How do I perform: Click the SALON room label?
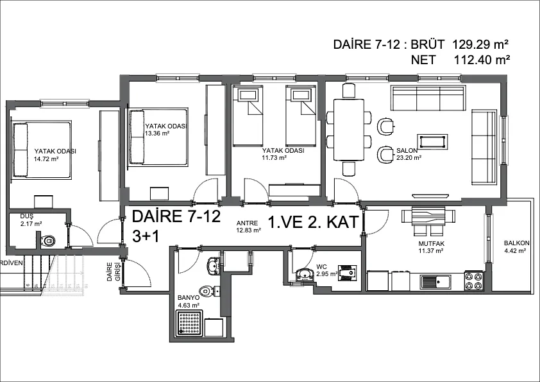407,151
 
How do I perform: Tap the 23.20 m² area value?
409,158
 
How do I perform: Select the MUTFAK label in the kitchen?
431,244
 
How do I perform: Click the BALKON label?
517,243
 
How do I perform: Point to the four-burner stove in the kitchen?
473,281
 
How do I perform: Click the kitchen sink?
435,282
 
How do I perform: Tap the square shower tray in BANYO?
190,323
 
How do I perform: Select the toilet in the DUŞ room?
47,240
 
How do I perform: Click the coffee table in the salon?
432,141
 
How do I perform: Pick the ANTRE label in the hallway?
247,223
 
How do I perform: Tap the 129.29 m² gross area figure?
480,44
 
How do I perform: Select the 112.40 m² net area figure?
482,60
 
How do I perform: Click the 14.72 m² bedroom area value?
46,159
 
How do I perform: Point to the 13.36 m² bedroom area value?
157,133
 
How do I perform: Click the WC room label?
322,267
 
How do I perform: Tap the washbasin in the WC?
304,274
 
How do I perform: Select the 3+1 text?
146,236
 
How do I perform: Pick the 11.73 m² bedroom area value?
274,157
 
